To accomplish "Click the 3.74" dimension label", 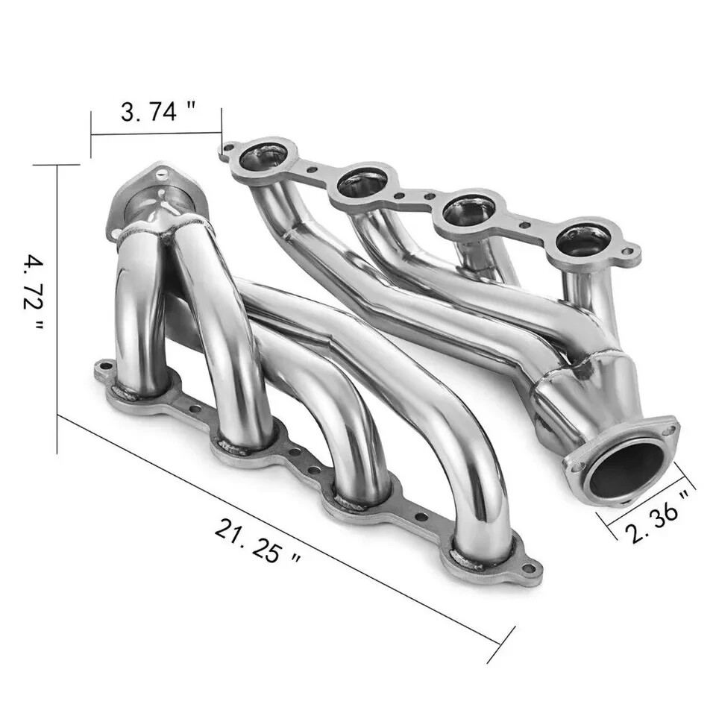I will coord(158,112).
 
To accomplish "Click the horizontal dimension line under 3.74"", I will coord(157,135).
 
